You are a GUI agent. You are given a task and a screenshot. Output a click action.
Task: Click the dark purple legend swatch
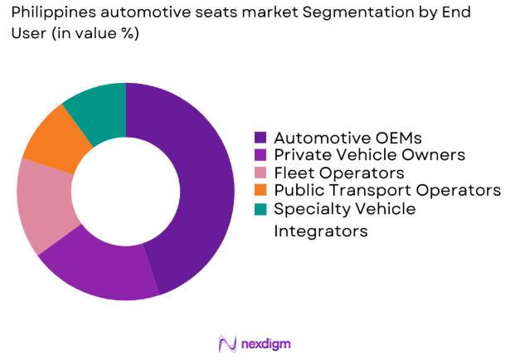coord(260,138)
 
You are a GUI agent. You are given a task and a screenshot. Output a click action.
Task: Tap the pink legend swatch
coord(260,173)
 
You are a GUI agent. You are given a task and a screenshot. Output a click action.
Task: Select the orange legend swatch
coord(260,191)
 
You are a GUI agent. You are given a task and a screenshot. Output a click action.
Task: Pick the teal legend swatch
coord(260,209)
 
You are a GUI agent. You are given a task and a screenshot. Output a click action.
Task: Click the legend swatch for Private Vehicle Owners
coord(260,155)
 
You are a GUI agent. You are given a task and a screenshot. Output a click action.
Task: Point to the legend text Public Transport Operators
coord(387,191)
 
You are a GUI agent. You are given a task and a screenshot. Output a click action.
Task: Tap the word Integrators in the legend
coord(320,231)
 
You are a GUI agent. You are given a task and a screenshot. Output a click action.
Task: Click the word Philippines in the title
coord(47,12)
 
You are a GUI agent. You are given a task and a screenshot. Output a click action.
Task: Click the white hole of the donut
coord(126,192)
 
